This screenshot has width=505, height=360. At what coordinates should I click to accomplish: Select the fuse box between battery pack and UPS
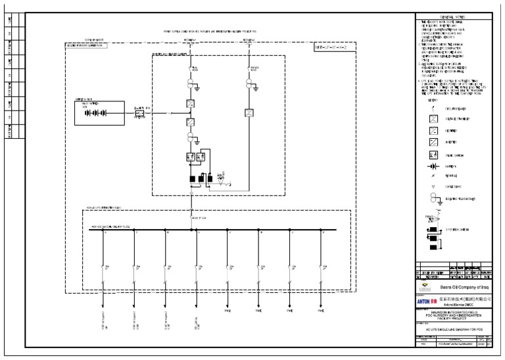[x=139, y=113]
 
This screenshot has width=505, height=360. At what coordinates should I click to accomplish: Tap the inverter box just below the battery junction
[x=189, y=122]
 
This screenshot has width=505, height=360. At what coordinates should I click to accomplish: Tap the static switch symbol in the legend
[x=434, y=155]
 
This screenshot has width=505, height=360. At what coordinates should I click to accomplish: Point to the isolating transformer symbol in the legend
[x=434, y=199]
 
